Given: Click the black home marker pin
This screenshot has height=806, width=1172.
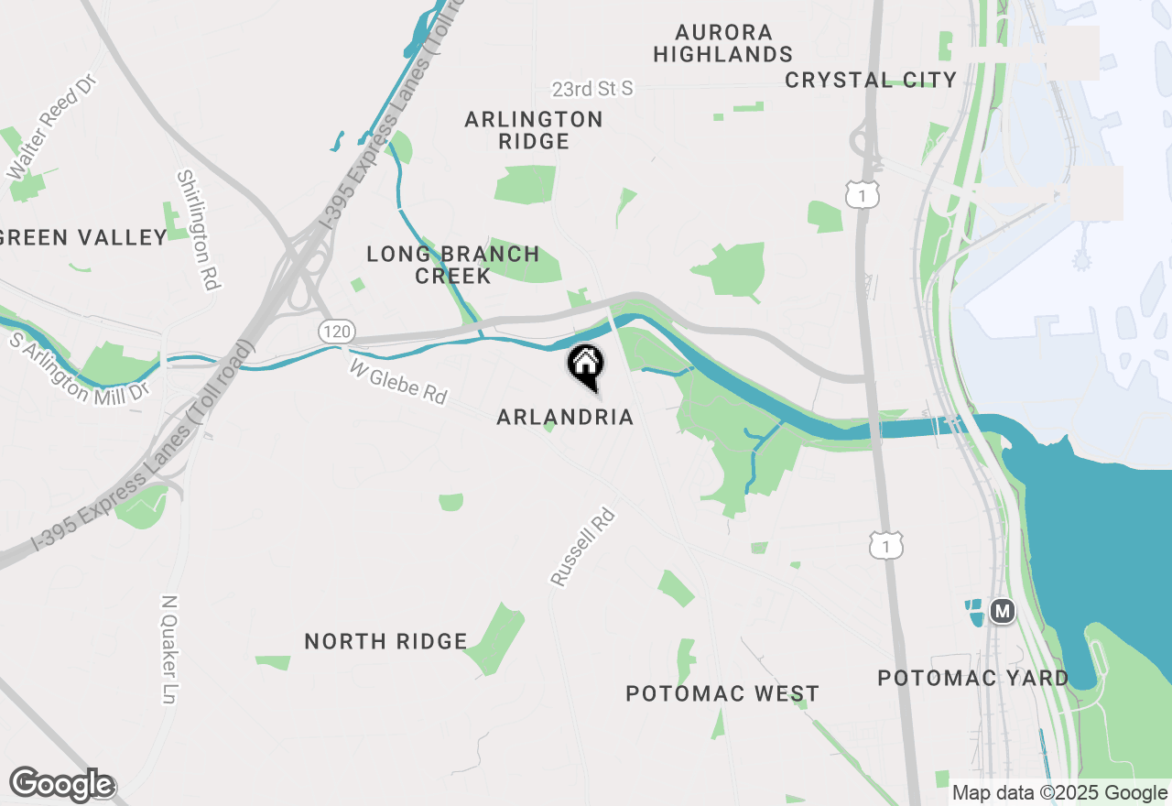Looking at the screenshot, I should [585, 366].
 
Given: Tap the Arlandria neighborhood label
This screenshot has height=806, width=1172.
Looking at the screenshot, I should [565, 418].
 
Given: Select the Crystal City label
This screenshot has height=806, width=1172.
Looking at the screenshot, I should [871, 80].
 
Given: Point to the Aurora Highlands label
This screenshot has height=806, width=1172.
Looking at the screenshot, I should [722, 44].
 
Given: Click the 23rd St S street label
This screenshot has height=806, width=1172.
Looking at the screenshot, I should [592, 89].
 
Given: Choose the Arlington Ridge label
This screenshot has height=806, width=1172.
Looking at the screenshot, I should [534, 130].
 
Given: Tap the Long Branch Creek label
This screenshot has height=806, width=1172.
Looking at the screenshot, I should [453, 265].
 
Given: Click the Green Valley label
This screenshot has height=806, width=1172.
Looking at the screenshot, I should [83, 238].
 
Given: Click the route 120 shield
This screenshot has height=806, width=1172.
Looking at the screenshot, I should [336, 331].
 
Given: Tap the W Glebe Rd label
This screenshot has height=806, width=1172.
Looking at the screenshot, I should [398, 381].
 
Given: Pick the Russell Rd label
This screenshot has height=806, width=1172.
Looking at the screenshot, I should [582, 547].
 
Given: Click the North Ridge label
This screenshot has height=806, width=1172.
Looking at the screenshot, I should [385, 642].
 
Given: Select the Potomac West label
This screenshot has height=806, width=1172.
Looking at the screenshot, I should [722, 694].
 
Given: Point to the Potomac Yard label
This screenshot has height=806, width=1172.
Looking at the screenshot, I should [973, 679].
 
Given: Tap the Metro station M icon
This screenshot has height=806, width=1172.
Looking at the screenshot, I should [1004, 610].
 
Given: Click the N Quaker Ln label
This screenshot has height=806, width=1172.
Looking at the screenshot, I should [168, 649].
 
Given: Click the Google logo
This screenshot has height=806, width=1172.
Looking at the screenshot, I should [61, 785].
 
